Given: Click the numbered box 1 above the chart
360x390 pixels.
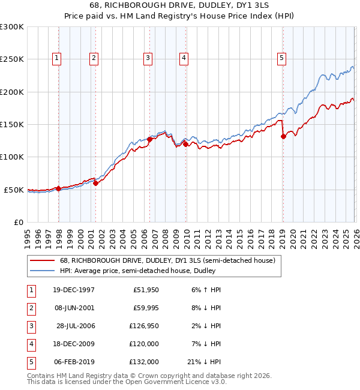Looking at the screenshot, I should [x=56, y=58].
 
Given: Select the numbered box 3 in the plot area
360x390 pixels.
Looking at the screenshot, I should [x=147, y=58].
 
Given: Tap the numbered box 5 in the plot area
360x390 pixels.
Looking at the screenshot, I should [x=281, y=58].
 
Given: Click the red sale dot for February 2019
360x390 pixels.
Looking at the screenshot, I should [x=283, y=137].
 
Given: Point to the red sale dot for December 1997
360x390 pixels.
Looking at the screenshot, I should [x=59, y=188].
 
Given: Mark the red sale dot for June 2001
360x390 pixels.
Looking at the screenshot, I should [x=95, y=183].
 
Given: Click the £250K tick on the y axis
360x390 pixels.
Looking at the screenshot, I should [x=11, y=59].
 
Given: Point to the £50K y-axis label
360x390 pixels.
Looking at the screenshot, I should [x=14, y=190].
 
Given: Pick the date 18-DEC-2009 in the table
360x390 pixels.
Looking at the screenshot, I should [x=73, y=344].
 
